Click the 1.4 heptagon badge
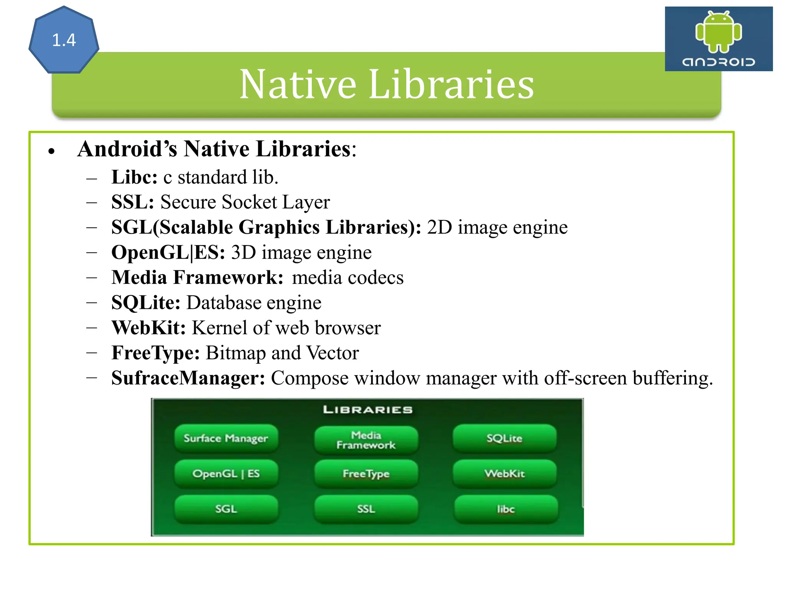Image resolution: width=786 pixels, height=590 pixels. tap(64, 40)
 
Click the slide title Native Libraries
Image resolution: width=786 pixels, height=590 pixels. tap(386, 84)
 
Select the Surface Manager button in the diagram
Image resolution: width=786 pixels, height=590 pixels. tap(226, 438)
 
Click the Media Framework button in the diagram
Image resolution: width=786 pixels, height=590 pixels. tap(366, 440)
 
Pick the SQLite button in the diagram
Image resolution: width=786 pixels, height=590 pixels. tap(504, 438)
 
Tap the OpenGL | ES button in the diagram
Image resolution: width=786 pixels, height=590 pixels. tap(226, 474)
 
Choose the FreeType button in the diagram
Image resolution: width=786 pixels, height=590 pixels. tap(366, 474)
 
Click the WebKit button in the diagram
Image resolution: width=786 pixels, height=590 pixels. tap(504, 474)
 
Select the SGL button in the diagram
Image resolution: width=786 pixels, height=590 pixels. tap(226, 509)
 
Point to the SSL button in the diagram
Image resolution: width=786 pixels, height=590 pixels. tap(366, 509)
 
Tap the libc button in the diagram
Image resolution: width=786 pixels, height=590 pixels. tap(506, 509)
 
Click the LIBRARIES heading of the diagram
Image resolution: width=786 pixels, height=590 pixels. tap(368, 409)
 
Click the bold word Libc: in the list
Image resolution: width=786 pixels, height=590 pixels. tap(134, 177)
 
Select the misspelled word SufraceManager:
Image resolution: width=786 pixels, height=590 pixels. tap(188, 378)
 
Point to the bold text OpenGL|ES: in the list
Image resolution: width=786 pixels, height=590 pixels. tap(168, 252)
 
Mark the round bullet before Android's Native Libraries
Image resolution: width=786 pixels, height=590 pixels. tap(52, 151)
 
